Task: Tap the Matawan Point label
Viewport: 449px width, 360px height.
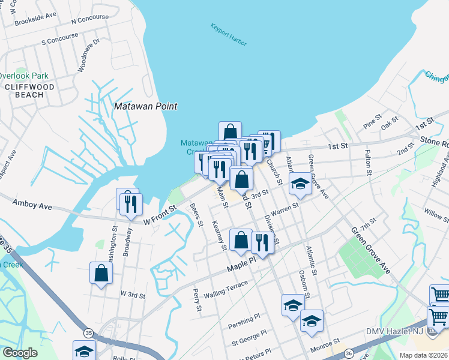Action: point(146,106)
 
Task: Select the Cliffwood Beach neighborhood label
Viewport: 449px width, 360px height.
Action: point(24,91)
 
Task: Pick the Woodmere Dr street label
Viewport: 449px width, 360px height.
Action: point(88,55)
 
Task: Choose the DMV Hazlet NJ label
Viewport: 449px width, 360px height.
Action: point(394,332)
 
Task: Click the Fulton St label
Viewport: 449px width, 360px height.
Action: point(369,162)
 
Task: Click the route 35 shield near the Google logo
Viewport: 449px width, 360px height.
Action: point(88,332)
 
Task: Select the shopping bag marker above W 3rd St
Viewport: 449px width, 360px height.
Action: point(101,273)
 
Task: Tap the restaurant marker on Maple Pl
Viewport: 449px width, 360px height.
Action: point(262,242)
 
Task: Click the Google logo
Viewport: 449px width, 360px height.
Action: point(20,353)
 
